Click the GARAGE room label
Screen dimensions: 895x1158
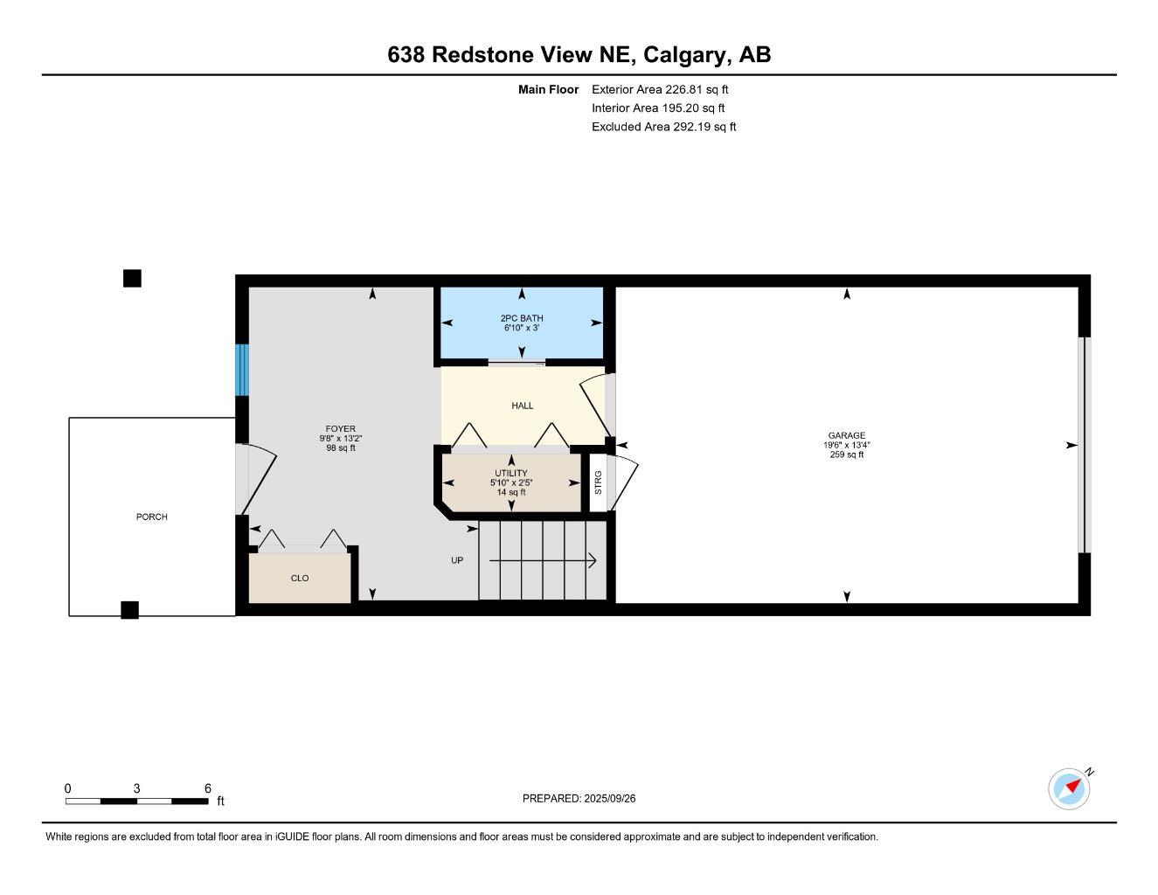click(x=846, y=435)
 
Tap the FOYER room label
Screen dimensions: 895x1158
click(x=340, y=429)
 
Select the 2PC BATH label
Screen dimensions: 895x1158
click(x=522, y=318)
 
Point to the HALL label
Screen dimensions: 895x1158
click(x=522, y=406)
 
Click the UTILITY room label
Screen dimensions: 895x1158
click(x=511, y=473)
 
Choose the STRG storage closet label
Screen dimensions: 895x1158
click(x=598, y=482)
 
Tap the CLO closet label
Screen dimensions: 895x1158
click(x=300, y=579)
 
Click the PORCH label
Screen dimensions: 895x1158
click(x=151, y=517)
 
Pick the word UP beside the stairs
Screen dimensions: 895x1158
click(x=457, y=560)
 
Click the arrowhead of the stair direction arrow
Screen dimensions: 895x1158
click(x=593, y=560)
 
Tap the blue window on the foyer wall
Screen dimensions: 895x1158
click(x=242, y=370)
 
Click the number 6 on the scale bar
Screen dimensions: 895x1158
click(x=208, y=788)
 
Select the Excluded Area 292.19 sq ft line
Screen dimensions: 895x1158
click(x=663, y=127)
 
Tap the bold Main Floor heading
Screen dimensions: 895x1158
click(x=548, y=89)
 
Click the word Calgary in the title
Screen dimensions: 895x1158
click(x=685, y=55)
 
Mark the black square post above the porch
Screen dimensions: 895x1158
click(x=132, y=278)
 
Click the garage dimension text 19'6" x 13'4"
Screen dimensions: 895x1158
click(x=846, y=445)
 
